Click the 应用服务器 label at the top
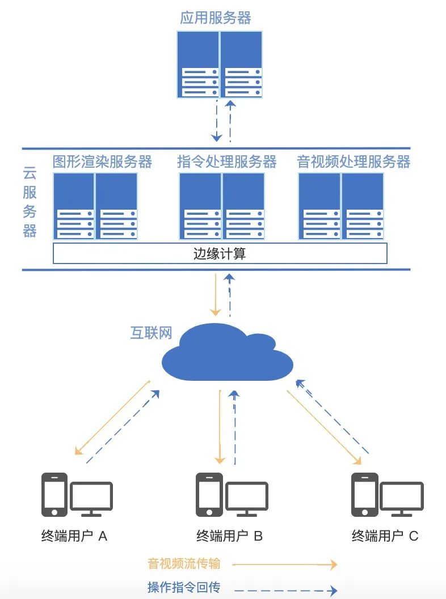(216, 18)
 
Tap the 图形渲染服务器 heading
(102, 162)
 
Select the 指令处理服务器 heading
(226, 162)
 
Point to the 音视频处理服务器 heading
(354, 162)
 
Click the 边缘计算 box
(220, 253)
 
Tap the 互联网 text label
(152, 332)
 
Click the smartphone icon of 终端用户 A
(55, 494)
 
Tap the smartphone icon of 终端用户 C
(364, 494)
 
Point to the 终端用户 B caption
(229, 536)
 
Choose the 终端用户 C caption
(385, 536)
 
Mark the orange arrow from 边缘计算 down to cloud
(216, 295)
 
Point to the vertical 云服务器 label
(30, 202)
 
